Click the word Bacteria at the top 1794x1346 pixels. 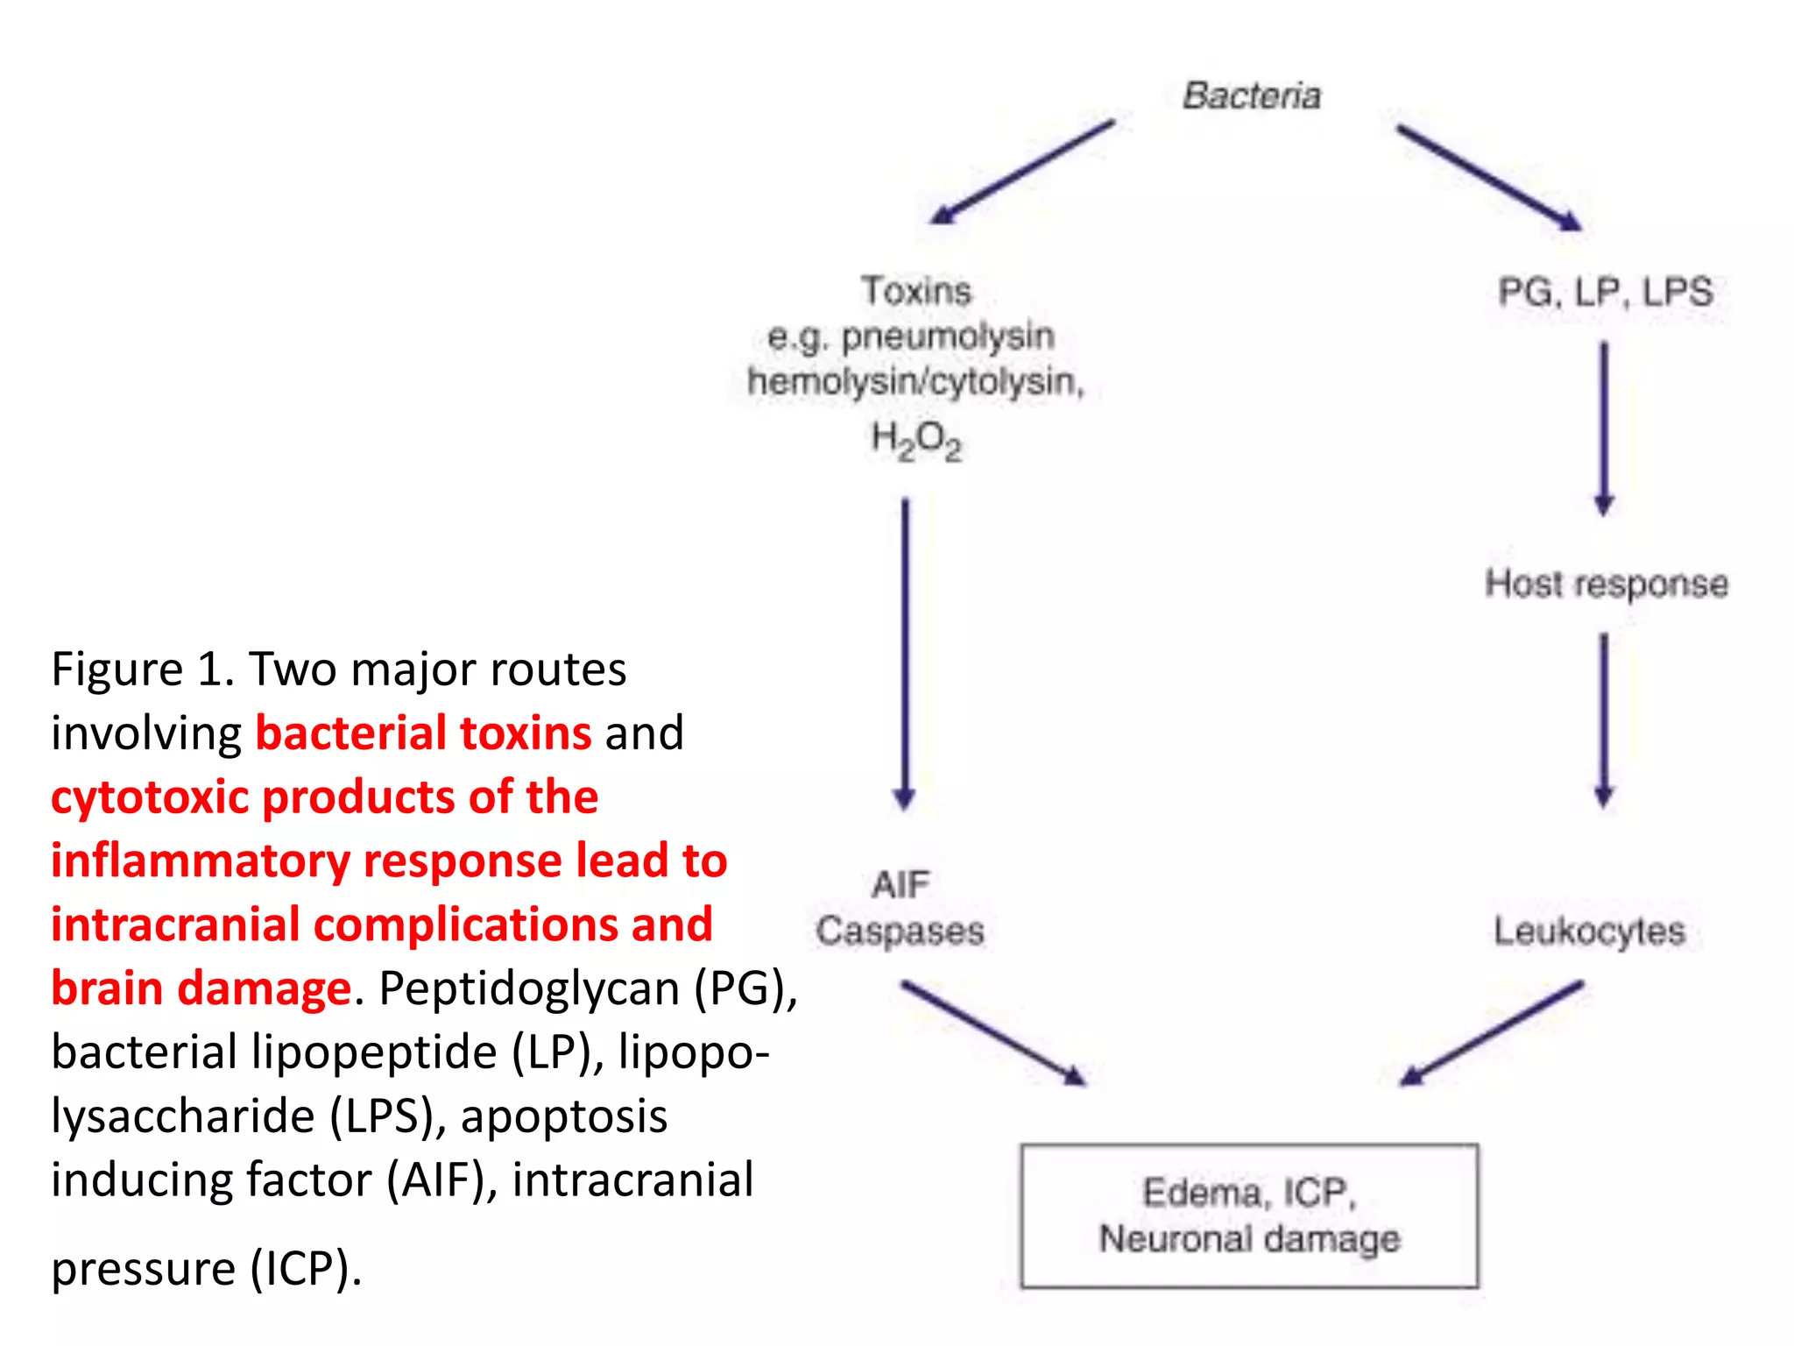(x=1251, y=96)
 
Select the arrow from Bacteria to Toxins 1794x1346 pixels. (x=1021, y=172)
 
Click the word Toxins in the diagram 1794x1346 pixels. (x=916, y=291)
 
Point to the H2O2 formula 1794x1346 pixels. (x=916, y=439)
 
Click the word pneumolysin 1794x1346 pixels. (x=948, y=336)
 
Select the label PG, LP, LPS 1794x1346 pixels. (x=1605, y=292)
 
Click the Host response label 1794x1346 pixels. (x=1607, y=584)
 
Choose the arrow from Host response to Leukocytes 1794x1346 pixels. (x=1604, y=719)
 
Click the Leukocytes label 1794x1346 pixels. (x=1589, y=931)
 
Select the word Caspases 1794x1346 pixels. (x=900, y=931)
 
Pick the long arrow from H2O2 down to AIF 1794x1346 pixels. (x=905, y=653)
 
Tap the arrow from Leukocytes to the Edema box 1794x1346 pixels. (x=1493, y=1032)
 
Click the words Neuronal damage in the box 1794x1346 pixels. (x=1249, y=1239)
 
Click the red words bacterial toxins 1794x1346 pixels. (x=423, y=733)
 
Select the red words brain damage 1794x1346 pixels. (x=201, y=988)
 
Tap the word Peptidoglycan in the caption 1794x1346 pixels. (x=529, y=988)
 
